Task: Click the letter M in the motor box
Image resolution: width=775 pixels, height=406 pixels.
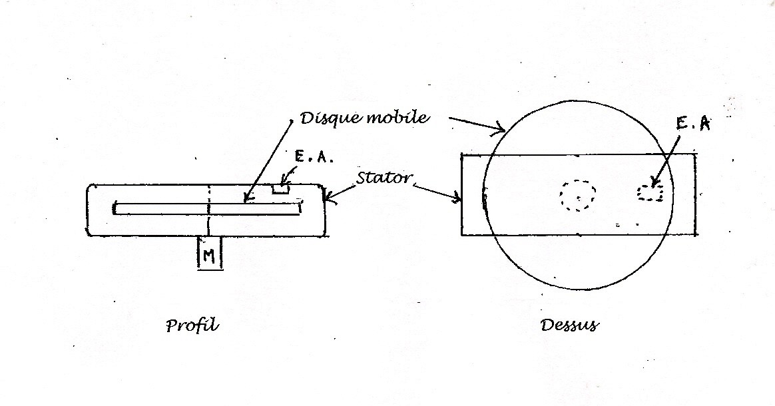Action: pos(208,256)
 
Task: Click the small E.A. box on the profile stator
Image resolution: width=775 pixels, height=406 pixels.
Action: pos(280,188)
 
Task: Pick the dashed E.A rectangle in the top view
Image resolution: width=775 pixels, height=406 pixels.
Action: pos(651,192)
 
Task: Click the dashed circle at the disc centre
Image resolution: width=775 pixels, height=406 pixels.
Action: pos(577,195)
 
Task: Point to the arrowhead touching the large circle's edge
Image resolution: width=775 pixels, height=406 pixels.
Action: pos(501,130)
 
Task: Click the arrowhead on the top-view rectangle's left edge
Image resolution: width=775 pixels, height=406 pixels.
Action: pos(459,198)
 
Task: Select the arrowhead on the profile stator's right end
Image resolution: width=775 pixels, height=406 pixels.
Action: pos(327,196)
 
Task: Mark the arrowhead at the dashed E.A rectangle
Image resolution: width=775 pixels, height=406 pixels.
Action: pos(654,183)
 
